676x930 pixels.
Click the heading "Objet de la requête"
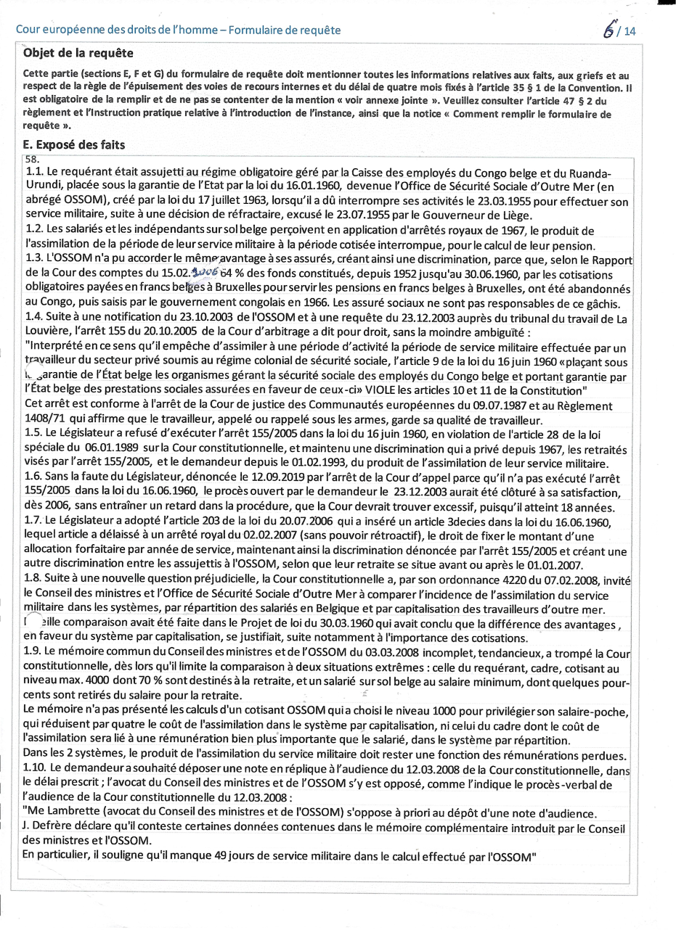click(x=78, y=54)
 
